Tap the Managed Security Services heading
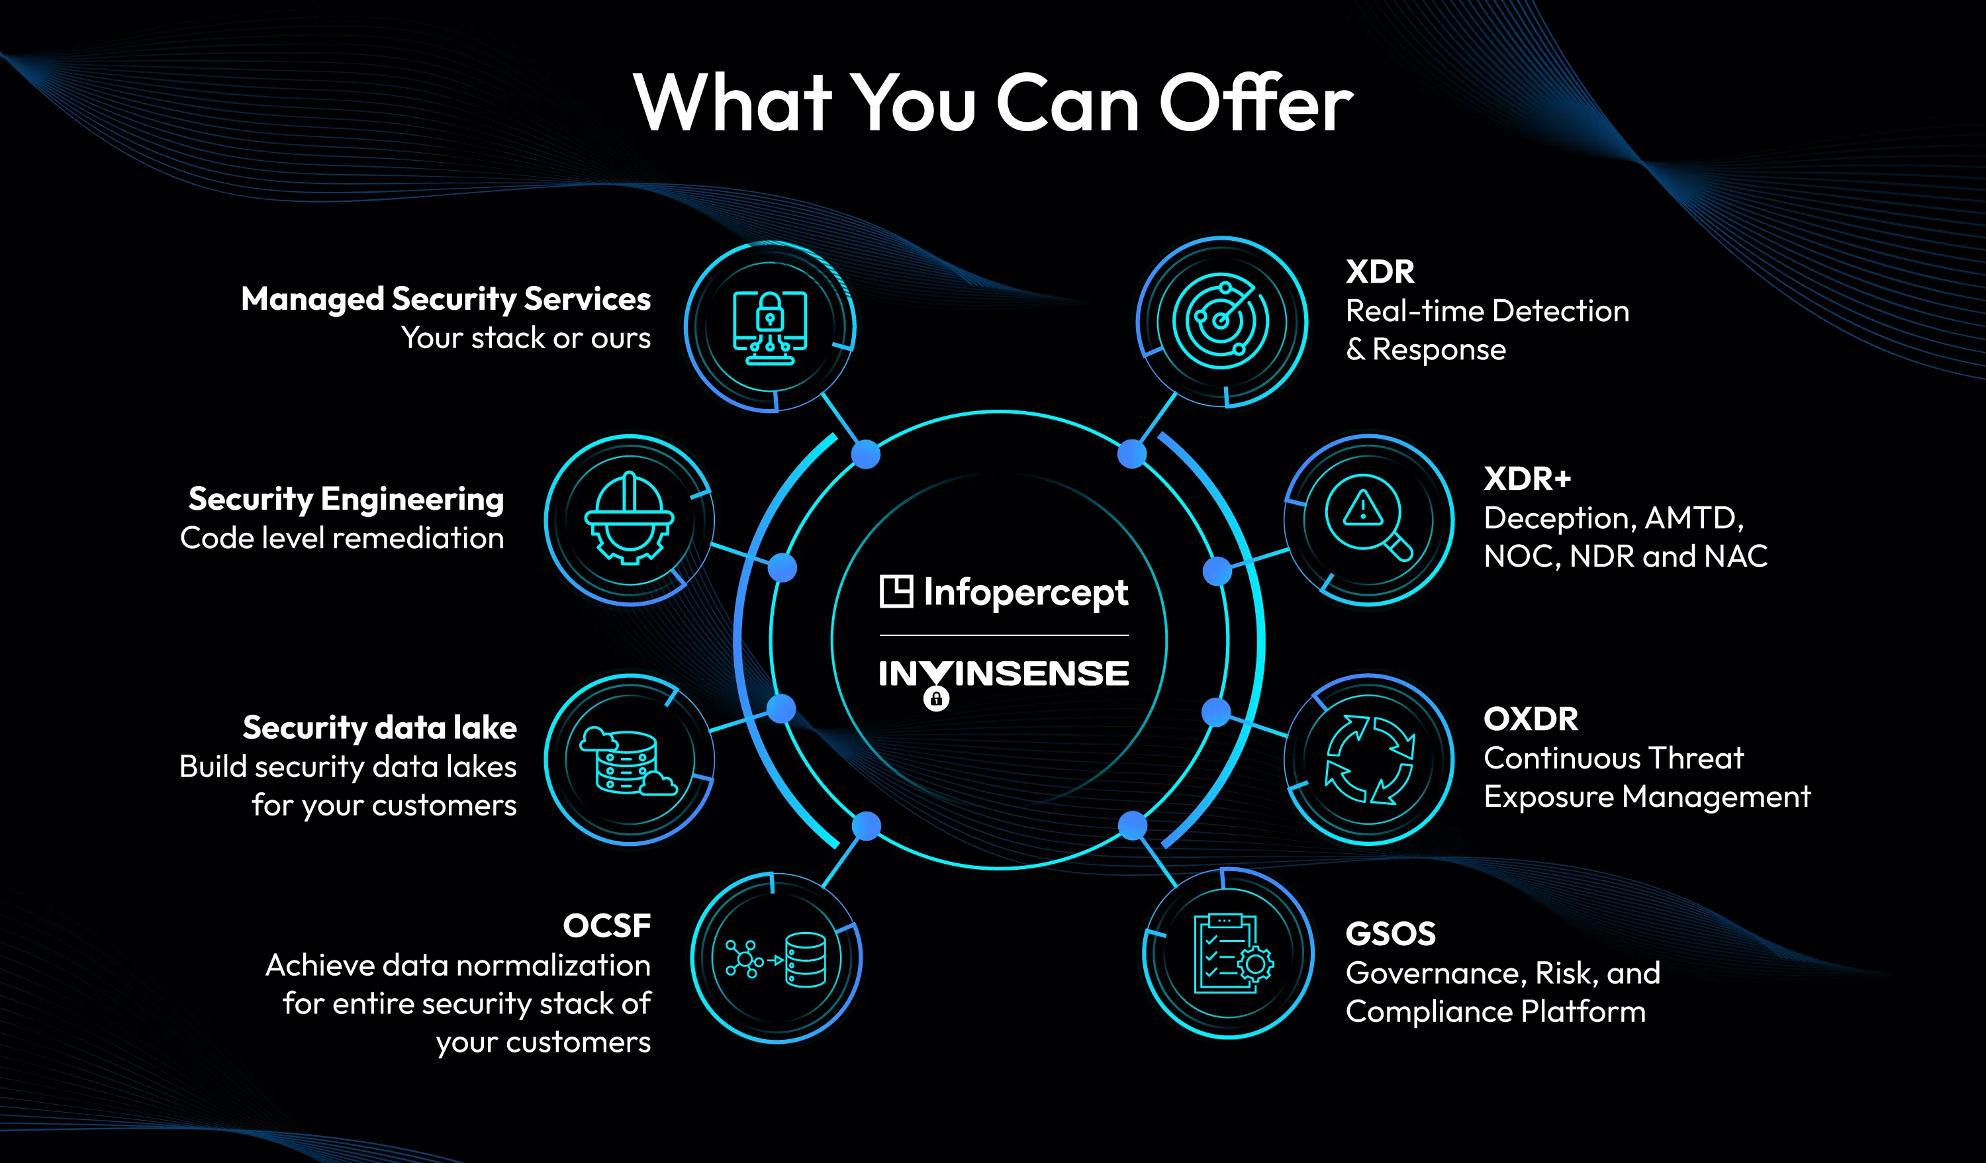(x=446, y=299)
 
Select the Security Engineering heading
(x=346, y=499)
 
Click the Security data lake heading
(x=379, y=727)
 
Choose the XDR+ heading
(x=1527, y=479)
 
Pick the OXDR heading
(x=1531, y=719)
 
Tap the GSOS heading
(x=1390, y=934)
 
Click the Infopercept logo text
(x=1025, y=592)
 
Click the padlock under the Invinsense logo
(x=936, y=698)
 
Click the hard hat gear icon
(x=629, y=518)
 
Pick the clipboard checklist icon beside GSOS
(x=1229, y=953)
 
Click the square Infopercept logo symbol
(x=896, y=591)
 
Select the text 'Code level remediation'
(x=342, y=538)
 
